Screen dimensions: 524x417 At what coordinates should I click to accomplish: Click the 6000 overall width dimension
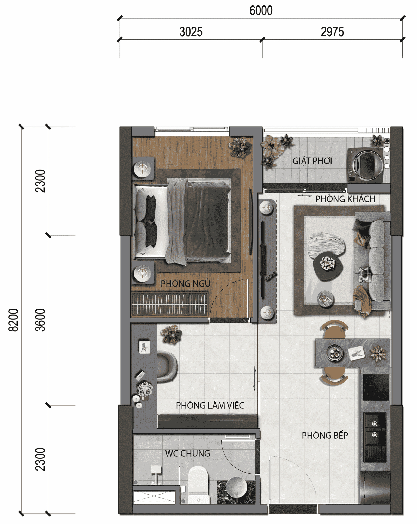coord(261,10)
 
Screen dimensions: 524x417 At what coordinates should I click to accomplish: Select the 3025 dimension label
coord(191,32)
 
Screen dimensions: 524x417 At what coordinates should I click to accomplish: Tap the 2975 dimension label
coord(332,32)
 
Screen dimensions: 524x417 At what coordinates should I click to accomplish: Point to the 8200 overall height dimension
coord(13,320)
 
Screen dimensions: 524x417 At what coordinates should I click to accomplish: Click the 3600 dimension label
coord(40,320)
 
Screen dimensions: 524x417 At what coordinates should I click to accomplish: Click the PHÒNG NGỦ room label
coord(185,283)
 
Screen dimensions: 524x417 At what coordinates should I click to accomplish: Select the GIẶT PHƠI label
coord(312,161)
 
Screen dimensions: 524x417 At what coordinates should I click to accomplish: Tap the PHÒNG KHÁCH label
coord(345,199)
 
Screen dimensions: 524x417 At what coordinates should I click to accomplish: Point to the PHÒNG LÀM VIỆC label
coord(210,406)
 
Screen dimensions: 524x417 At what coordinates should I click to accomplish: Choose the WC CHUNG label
coord(187,453)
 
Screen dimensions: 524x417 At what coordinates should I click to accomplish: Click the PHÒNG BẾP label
coord(325,435)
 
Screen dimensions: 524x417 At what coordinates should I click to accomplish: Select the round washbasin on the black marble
coord(236,487)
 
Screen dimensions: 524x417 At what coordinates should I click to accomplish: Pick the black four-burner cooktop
coord(376,387)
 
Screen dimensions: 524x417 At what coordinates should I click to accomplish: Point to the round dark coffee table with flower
coord(328,266)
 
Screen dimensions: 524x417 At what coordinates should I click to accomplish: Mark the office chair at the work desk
coord(167,367)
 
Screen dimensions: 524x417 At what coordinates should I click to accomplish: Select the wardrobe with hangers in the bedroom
coord(169,304)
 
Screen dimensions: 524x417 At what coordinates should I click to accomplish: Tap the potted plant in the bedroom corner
coord(240,147)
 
